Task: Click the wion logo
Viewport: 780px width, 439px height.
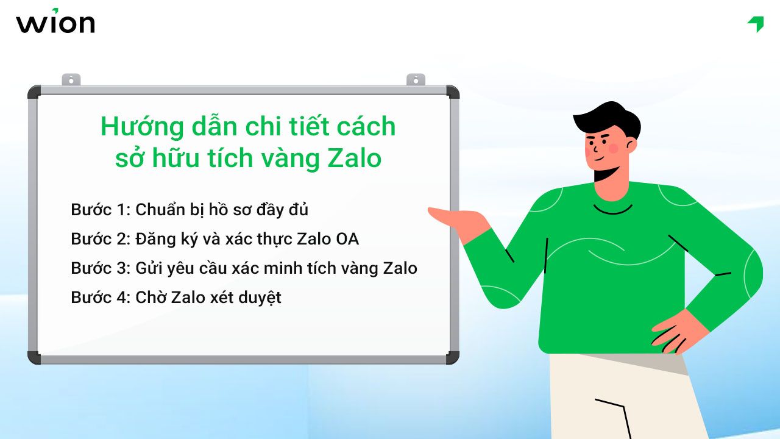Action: point(55,23)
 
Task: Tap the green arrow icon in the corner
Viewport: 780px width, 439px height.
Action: point(756,24)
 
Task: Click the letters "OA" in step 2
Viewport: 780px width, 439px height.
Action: point(347,239)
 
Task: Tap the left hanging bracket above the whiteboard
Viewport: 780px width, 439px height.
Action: point(71,80)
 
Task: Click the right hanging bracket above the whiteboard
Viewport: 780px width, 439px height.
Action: point(416,80)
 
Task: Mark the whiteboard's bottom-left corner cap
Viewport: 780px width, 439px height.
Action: point(34,357)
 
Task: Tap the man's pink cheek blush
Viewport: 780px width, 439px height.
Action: point(613,148)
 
